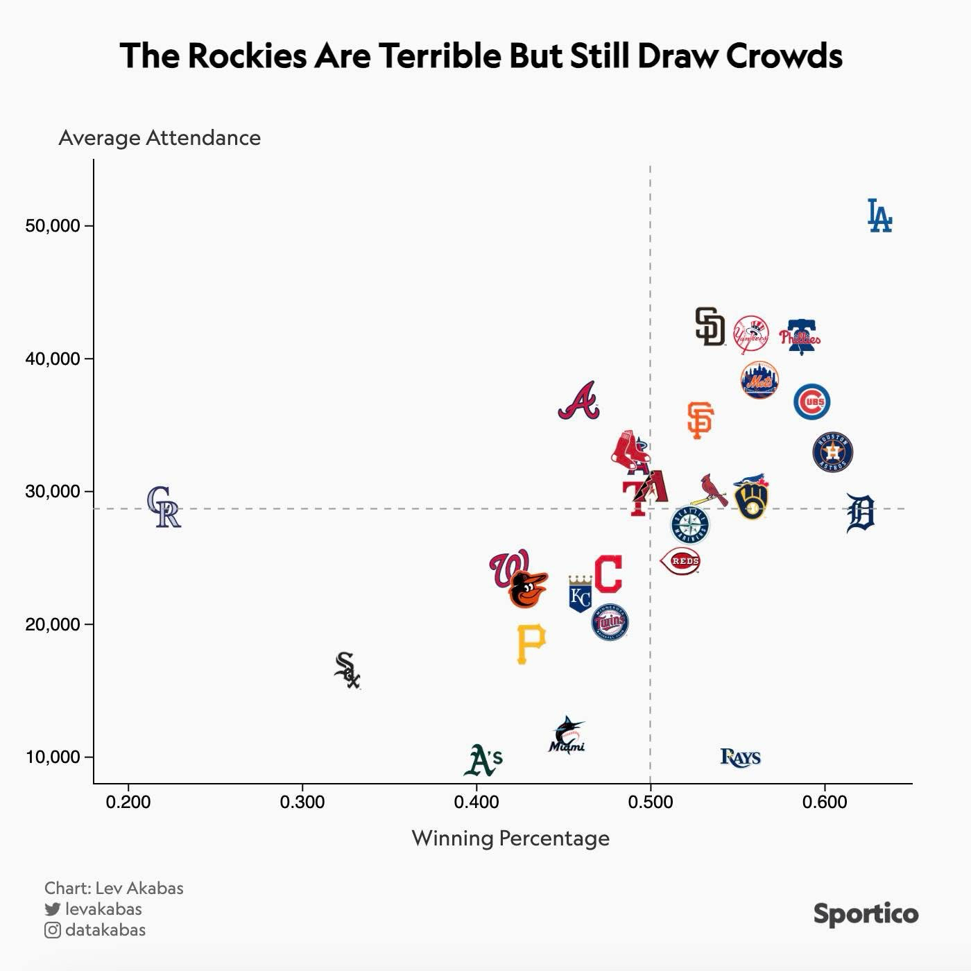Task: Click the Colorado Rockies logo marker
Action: point(164,507)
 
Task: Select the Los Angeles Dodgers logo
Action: point(879,216)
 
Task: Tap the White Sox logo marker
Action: point(347,670)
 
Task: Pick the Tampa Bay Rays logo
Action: point(741,757)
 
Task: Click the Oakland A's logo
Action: point(483,760)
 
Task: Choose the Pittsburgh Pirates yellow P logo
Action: point(531,644)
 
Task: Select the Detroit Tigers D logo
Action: point(861,513)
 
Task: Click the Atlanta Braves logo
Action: point(578,401)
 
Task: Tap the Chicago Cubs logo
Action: point(812,402)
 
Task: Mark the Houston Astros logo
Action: point(832,452)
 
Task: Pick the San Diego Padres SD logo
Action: point(710,327)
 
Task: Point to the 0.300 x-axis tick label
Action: point(302,802)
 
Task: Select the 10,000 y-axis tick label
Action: point(53,757)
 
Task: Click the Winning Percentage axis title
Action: point(510,838)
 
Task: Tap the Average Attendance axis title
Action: point(160,138)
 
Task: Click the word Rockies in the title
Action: point(246,55)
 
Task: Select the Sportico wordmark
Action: point(866,913)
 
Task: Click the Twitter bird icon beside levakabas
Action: point(53,909)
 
